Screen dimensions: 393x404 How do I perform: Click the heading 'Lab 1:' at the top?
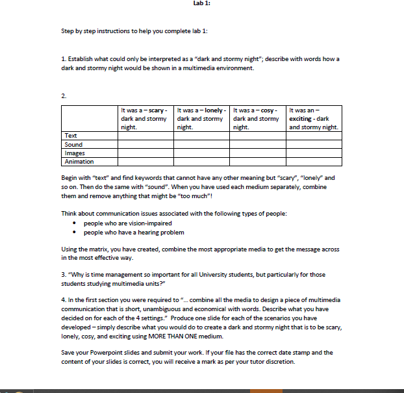tap(202, 3)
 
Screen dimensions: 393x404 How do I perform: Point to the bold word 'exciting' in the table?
tap(302, 119)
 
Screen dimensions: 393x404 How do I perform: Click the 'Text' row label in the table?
tap(71, 135)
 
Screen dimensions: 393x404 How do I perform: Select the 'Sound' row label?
tap(73, 144)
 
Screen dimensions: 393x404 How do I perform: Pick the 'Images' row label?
tap(75, 153)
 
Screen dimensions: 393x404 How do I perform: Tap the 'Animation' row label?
tap(79, 162)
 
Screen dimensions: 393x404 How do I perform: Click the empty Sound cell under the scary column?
tap(145, 144)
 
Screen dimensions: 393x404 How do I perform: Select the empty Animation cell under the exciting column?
tap(314, 162)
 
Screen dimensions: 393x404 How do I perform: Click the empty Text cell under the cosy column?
tap(258, 135)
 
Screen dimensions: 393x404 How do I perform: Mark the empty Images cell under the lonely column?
tap(201, 153)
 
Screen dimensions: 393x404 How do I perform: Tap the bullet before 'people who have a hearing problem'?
tap(76, 233)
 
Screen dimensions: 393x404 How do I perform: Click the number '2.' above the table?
tap(64, 96)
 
